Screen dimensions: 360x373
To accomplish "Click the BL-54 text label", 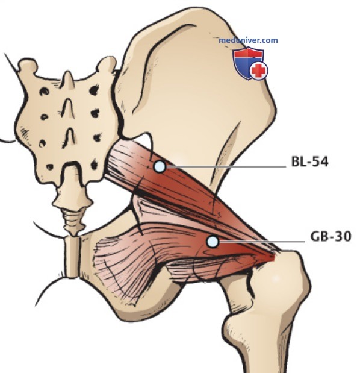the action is click(309, 161).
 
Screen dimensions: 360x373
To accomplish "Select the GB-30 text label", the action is click(331, 236).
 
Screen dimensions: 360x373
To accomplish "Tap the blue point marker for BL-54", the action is click(160, 166).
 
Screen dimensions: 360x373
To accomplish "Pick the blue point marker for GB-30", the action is click(213, 242).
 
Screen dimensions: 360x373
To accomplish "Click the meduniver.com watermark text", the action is click(248, 40).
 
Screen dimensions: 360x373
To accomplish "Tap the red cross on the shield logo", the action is click(259, 70).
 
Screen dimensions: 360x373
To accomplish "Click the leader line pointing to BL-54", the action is click(226, 166).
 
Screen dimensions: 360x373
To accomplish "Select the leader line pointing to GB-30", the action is click(262, 242).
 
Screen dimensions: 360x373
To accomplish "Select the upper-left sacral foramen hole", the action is click(44, 91).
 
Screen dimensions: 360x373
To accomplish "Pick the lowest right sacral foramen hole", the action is click(95, 164).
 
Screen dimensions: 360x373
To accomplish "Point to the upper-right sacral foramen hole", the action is click(94, 90).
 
